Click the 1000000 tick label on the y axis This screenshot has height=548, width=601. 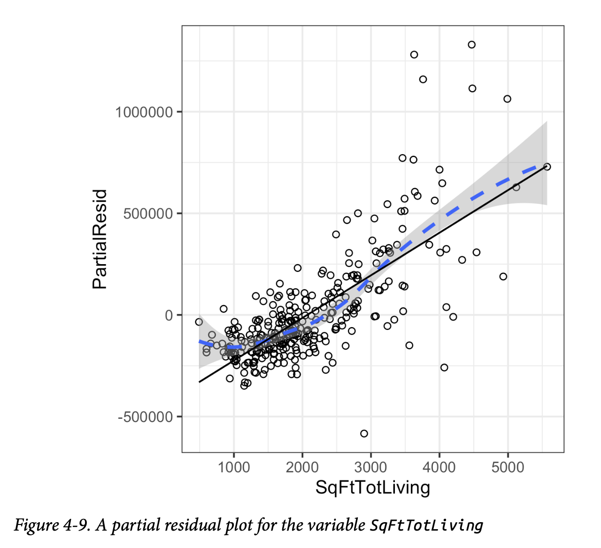click(144, 112)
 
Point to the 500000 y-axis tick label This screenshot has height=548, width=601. click(148, 214)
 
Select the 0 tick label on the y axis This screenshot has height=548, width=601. click(169, 315)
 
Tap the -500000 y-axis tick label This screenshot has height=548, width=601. click(146, 417)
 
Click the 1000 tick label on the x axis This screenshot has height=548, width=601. click(234, 467)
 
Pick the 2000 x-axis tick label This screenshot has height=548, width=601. click(302, 467)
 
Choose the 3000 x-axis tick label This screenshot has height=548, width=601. click(371, 467)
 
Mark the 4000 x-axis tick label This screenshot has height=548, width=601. click(439, 467)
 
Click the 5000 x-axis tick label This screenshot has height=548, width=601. click(508, 467)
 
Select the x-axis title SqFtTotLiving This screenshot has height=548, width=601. click(373, 488)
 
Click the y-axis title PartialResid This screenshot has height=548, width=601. click(100, 239)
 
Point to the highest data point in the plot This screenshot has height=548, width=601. click(472, 45)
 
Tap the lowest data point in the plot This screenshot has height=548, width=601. click(364, 433)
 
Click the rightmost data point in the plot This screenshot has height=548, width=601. click(547, 167)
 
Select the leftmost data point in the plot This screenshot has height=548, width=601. click(199, 322)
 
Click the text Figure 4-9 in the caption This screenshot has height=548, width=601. click(52, 525)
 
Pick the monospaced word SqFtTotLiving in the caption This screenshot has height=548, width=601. click(426, 525)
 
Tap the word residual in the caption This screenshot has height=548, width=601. click(185, 525)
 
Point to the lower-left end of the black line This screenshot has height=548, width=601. click(200, 382)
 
